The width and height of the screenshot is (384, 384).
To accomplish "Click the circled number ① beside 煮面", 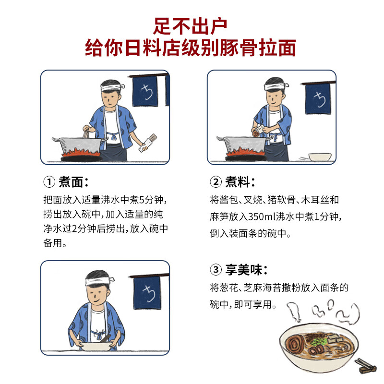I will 49,182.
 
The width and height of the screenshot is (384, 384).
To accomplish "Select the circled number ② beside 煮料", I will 216,182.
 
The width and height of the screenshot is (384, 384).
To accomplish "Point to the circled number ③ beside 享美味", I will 216,270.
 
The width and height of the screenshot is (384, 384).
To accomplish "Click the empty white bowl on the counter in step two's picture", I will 319,157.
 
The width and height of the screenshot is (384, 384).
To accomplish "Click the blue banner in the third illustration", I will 145,291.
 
